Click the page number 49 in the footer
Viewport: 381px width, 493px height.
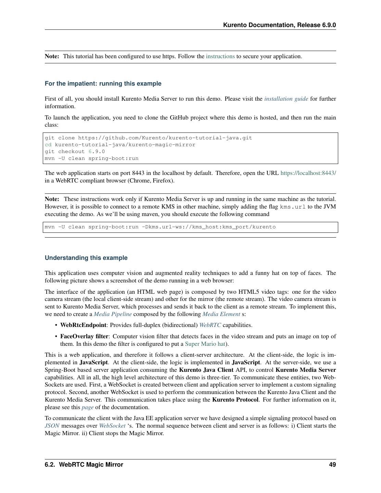click(x=332, y=465)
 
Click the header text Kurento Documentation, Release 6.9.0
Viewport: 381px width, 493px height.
click(x=279, y=25)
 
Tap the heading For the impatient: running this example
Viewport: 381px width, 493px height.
click(x=103, y=84)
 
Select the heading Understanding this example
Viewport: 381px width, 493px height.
click(x=86, y=258)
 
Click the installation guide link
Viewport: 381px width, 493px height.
click(x=286, y=99)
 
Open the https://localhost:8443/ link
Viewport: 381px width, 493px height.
click(x=308, y=173)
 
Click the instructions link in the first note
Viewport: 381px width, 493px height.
click(x=220, y=56)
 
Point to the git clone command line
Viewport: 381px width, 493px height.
click(x=148, y=138)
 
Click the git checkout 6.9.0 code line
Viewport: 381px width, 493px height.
click(x=75, y=152)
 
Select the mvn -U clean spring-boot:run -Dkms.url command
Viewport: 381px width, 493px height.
click(x=160, y=227)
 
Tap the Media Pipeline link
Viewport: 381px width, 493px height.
click(x=113, y=314)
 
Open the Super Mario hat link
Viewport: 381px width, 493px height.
click(x=205, y=344)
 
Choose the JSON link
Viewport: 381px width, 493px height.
click(x=52, y=426)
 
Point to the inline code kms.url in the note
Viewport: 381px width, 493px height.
click(x=293, y=207)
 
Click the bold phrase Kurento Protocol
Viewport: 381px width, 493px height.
click(x=235, y=400)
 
